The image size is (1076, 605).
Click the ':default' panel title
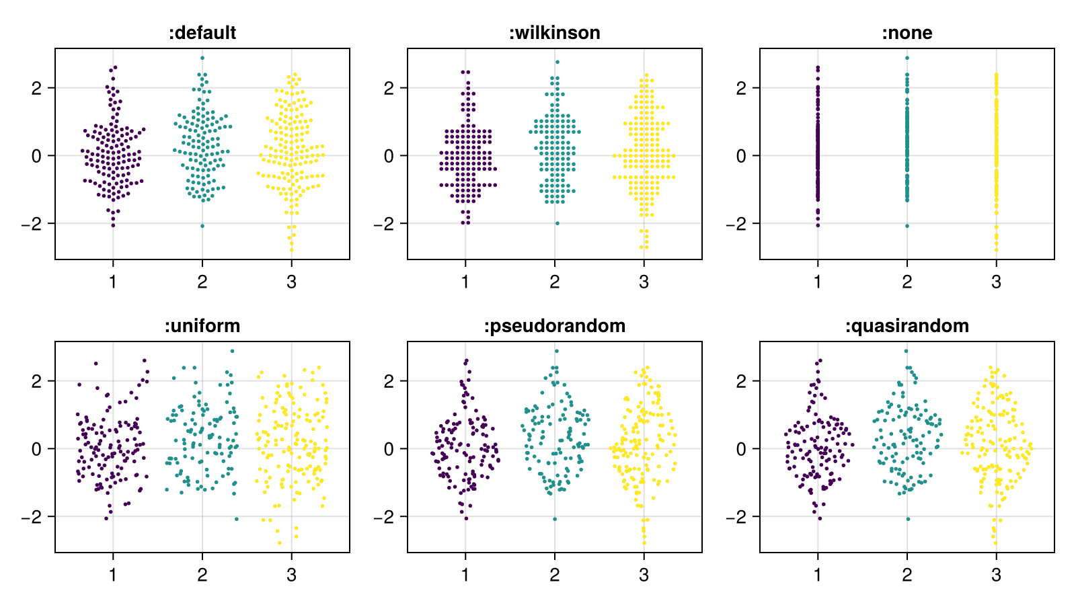tap(202, 33)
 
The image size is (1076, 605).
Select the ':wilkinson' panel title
tap(555, 33)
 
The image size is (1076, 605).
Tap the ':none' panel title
tap(907, 33)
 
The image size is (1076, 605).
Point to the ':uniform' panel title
tap(202, 326)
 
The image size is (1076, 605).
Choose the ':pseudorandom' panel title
tap(555, 326)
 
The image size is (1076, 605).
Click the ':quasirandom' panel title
tap(907, 326)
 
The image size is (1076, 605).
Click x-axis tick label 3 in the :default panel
tap(291, 282)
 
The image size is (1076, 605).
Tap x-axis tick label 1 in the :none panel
tap(818, 282)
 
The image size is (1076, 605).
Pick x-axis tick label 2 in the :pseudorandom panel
tap(555, 575)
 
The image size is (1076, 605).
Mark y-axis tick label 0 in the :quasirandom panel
tap(741, 449)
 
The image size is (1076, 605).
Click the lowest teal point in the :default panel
tap(202, 226)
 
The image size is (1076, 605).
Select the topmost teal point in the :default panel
tap(202, 58)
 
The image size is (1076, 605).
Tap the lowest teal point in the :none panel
tap(907, 226)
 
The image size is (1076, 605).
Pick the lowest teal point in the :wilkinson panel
tap(557, 223)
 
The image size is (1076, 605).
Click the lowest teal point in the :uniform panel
tap(236, 519)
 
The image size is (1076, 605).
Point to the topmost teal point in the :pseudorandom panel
tap(556, 351)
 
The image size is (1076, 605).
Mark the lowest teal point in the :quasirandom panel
tap(908, 519)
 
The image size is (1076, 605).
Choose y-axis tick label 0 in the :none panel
tap(741, 156)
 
